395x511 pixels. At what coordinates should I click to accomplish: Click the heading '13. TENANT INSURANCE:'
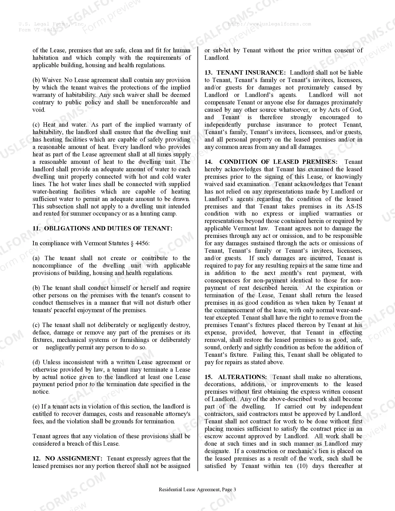pyautogui.click(x=245, y=73)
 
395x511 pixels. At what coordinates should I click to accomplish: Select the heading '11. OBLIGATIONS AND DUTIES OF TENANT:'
pyautogui.click(x=103, y=229)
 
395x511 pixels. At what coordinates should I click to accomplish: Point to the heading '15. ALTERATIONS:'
pyautogui.click(x=235, y=377)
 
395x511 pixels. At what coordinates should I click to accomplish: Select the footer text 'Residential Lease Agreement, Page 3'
pyautogui.click(x=197, y=490)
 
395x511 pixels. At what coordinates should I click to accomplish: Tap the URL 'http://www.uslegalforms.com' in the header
pyautogui.click(x=269, y=24)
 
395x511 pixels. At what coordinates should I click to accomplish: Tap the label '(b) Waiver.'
pyautogui.click(x=48, y=80)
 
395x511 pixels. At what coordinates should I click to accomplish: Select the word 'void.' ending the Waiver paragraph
pyautogui.click(x=39, y=110)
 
